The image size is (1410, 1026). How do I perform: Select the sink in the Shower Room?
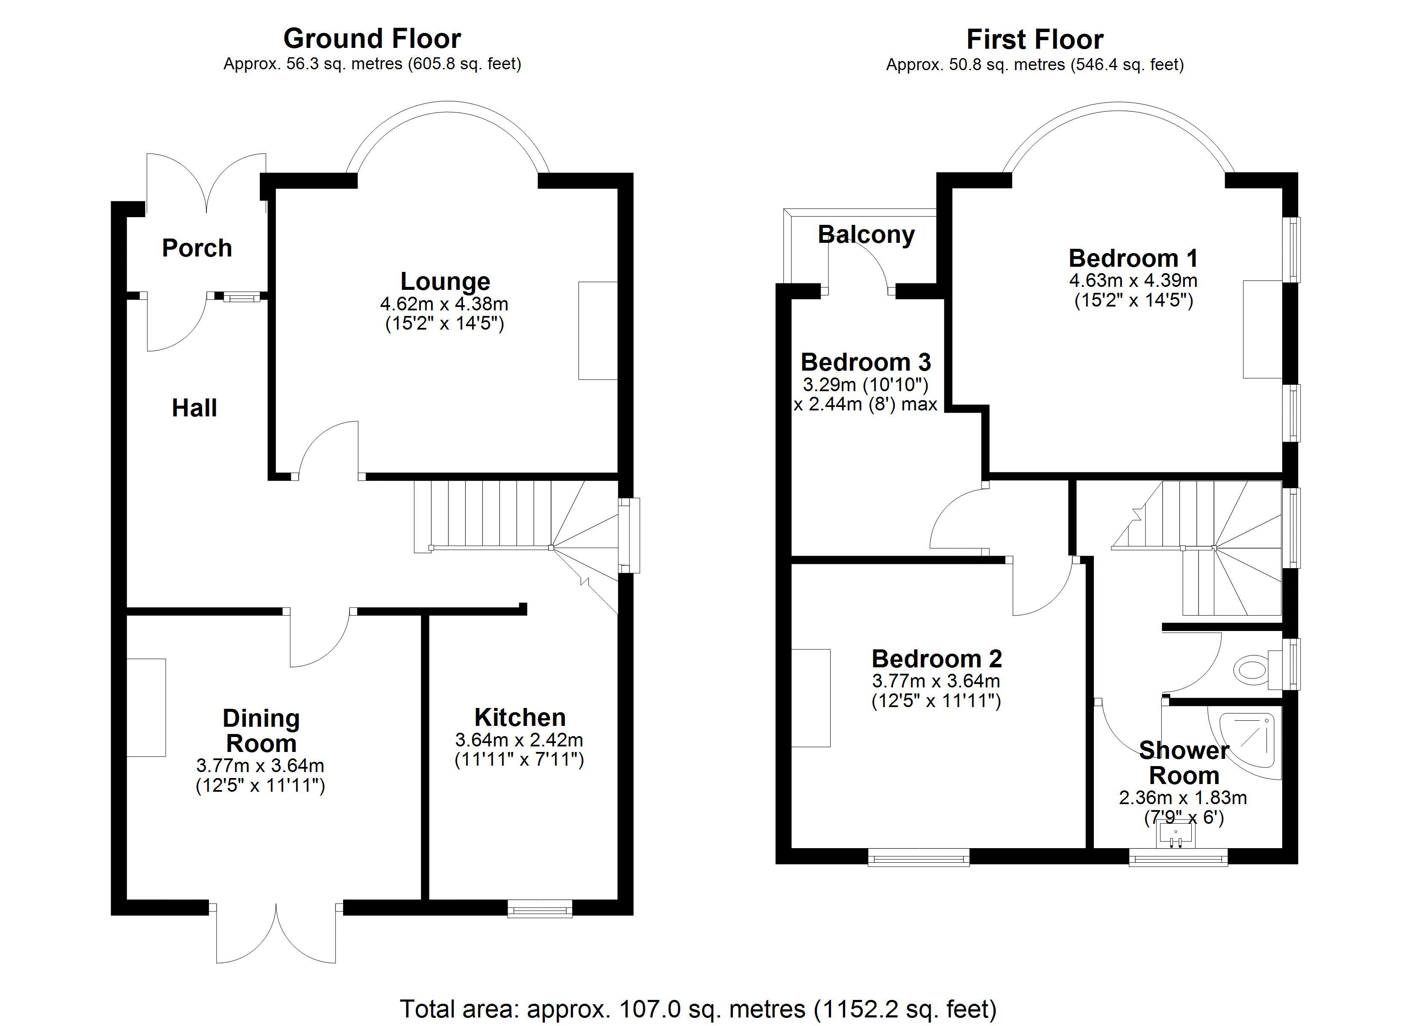[1175, 834]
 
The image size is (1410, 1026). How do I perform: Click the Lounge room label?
[445, 281]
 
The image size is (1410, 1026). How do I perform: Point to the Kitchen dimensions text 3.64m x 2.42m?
[519, 740]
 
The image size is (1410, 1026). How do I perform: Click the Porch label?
[197, 248]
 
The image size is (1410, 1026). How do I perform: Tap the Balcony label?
[866, 235]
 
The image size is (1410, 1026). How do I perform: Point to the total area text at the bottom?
[698, 1008]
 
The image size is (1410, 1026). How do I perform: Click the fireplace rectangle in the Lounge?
[598, 330]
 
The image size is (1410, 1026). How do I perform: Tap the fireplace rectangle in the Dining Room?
[146, 708]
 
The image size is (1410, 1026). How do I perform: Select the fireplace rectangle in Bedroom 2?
[811, 698]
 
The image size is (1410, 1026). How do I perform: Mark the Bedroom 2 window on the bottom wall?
[919, 857]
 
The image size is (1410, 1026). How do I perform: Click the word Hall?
[194, 408]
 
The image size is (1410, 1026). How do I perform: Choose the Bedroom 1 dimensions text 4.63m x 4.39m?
[1133, 280]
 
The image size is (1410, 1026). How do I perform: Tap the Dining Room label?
[261, 731]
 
